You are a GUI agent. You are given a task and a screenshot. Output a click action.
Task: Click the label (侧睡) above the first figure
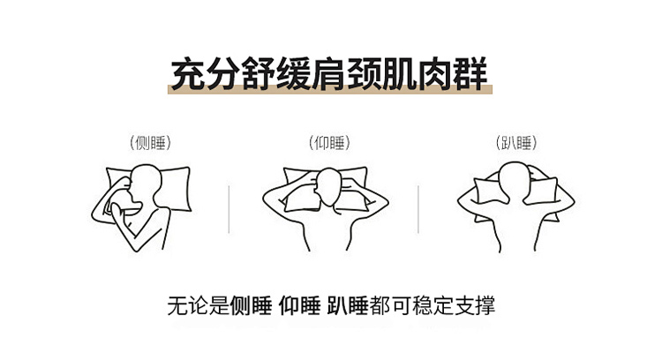(x=150, y=143)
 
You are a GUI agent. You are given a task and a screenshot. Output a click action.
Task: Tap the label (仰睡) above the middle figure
(x=329, y=143)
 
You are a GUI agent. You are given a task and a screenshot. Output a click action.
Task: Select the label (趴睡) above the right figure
(x=516, y=143)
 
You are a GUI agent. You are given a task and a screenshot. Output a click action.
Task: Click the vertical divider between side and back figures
(x=229, y=209)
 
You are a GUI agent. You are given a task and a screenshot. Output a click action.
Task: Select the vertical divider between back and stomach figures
(x=418, y=209)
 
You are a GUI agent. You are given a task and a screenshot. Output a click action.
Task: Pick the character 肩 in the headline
(x=329, y=74)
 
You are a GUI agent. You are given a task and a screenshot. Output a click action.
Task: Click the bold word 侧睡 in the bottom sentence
(x=251, y=305)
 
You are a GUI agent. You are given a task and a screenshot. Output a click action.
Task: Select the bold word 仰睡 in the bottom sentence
(x=299, y=305)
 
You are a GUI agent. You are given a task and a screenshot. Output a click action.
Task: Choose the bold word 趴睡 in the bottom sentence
(x=348, y=305)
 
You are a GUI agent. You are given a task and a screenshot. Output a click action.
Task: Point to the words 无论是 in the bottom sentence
(x=199, y=305)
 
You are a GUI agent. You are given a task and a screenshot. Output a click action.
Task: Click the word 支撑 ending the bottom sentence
(x=475, y=305)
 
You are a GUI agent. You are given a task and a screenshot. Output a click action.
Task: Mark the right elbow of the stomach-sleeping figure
(x=571, y=201)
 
